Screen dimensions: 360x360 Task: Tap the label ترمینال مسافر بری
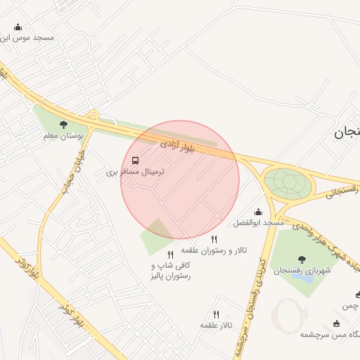click(134, 171)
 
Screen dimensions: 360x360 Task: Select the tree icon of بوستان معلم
click(64, 124)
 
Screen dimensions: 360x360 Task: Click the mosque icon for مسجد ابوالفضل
click(258, 212)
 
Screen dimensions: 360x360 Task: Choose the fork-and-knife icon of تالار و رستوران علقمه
click(214, 240)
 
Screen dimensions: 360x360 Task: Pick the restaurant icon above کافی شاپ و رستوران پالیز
click(170, 255)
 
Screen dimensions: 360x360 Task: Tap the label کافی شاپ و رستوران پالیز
click(171, 271)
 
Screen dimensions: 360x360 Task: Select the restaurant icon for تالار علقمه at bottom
click(216, 314)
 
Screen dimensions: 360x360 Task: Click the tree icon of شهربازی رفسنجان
click(302, 260)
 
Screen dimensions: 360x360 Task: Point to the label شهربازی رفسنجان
click(302, 271)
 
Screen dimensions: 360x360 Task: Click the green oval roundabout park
click(288, 182)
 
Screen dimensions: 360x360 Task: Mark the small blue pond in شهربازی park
click(303, 277)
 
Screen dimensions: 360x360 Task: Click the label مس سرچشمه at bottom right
click(330, 335)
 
